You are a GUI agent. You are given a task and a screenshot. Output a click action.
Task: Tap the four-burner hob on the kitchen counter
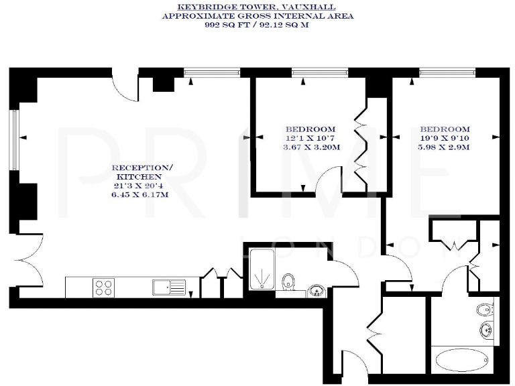coord(103,287)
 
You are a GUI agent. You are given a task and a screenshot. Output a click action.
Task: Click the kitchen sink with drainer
coord(169,287)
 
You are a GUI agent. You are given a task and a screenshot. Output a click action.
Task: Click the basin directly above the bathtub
coord(486,329)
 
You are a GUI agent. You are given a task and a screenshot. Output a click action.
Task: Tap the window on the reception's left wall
coord(14,137)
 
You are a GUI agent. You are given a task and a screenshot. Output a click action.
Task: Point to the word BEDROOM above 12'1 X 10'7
coord(309,129)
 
